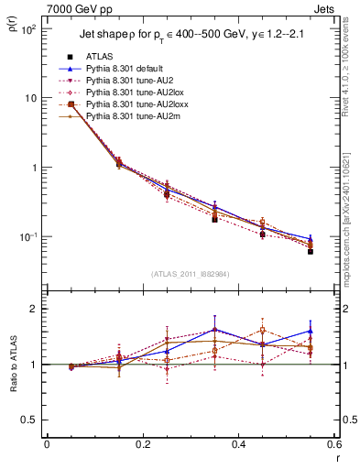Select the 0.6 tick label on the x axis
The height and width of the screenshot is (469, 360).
tap(333, 445)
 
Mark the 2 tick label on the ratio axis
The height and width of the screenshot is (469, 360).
tap(34, 309)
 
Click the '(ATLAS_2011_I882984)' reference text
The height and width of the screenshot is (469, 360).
tap(191, 274)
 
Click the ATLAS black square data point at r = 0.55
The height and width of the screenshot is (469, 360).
tap(311, 251)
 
